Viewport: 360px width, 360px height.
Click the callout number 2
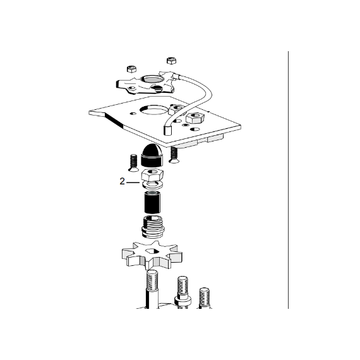click(x=122, y=181)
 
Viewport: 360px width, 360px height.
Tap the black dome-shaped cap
click(x=152, y=155)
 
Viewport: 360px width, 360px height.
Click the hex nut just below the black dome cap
click(x=152, y=174)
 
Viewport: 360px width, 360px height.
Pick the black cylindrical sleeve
click(x=152, y=201)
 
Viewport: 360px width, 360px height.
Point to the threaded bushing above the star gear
click(x=153, y=227)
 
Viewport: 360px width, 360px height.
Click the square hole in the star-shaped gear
click(x=152, y=252)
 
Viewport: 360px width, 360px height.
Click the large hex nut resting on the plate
click(x=195, y=118)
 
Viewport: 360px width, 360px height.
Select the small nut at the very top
click(x=171, y=61)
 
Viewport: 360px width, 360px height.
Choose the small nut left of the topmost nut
click(x=131, y=69)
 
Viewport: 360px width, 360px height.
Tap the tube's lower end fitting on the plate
click(x=167, y=130)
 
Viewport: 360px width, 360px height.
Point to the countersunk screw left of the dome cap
click(x=133, y=163)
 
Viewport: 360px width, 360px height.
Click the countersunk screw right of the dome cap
click(x=174, y=155)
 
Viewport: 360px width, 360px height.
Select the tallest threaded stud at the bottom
click(x=152, y=289)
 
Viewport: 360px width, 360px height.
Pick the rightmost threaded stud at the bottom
click(x=204, y=297)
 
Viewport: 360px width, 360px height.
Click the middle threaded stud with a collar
click(x=183, y=292)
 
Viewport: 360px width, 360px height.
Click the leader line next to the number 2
click(x=133, y=183)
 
